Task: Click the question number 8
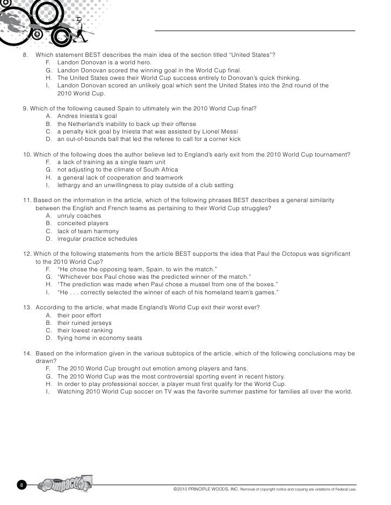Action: click(x=25, y=55)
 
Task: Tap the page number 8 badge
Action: click(x=21, y=485)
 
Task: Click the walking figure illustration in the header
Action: click(x=81, y=29)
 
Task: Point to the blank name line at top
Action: click(x=255, y=31)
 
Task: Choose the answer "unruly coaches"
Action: click(x=81, y=216)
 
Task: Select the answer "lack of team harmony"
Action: click(x=88, y=231)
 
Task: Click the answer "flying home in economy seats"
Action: click(x=97, y=338)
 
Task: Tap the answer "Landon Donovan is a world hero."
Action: click(x=104, y=62)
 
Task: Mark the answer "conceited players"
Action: click(x=83, y=223)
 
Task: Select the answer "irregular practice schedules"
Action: click(x=97, y=239)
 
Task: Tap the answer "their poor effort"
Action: click(x=79, y=315)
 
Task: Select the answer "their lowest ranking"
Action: click(x=85, y=331)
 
